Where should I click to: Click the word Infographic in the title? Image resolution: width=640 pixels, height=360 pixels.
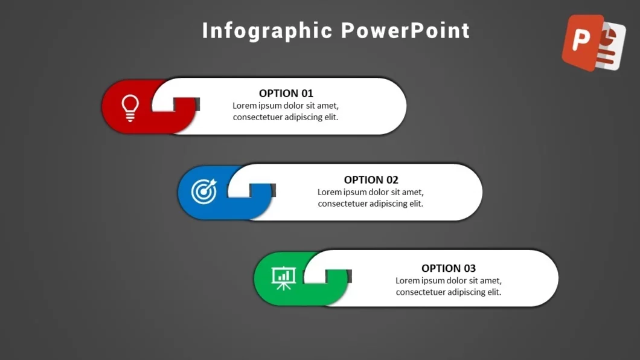click(267, 31)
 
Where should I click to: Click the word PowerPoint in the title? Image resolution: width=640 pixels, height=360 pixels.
click(405, 31)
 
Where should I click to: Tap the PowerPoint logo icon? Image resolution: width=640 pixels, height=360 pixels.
click(594, 43)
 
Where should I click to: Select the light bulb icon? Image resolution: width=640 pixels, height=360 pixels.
click(130, 108)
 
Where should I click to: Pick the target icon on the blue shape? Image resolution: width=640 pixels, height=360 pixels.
click(204, 191)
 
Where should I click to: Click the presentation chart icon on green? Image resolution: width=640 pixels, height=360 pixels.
click(283, 278)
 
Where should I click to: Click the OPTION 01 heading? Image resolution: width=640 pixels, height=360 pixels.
click(286, 93)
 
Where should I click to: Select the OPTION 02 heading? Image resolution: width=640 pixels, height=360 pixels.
click(371, 179)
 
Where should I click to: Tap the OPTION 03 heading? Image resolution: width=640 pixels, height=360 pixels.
click(448, 268)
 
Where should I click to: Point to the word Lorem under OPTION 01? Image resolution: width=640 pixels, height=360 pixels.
click(245, 106)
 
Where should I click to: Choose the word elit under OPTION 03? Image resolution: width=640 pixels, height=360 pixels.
click(493, 292)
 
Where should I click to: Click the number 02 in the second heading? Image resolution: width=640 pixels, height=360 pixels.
click(392, 179)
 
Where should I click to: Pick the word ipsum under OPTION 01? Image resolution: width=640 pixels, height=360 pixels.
click(270, 106)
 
